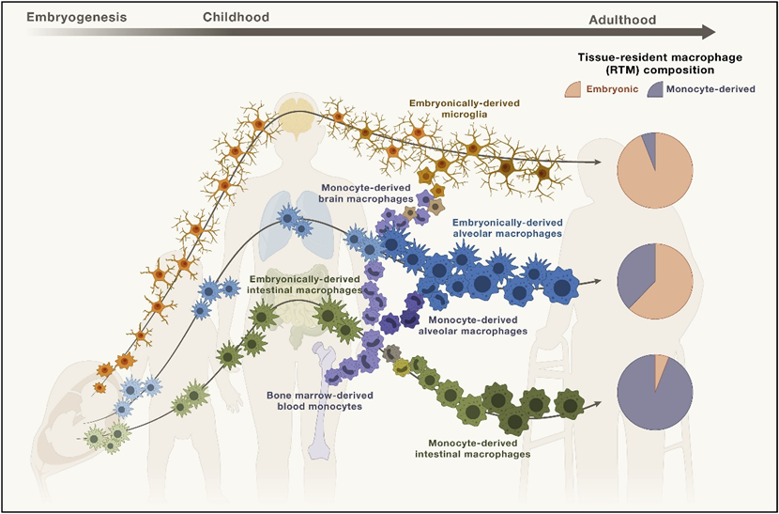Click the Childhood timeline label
coord(236,16)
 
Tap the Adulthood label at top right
coord(627,20)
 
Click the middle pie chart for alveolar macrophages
coord(654,280)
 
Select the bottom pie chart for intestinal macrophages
coord(654,391)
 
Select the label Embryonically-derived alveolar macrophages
coord(507,227)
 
